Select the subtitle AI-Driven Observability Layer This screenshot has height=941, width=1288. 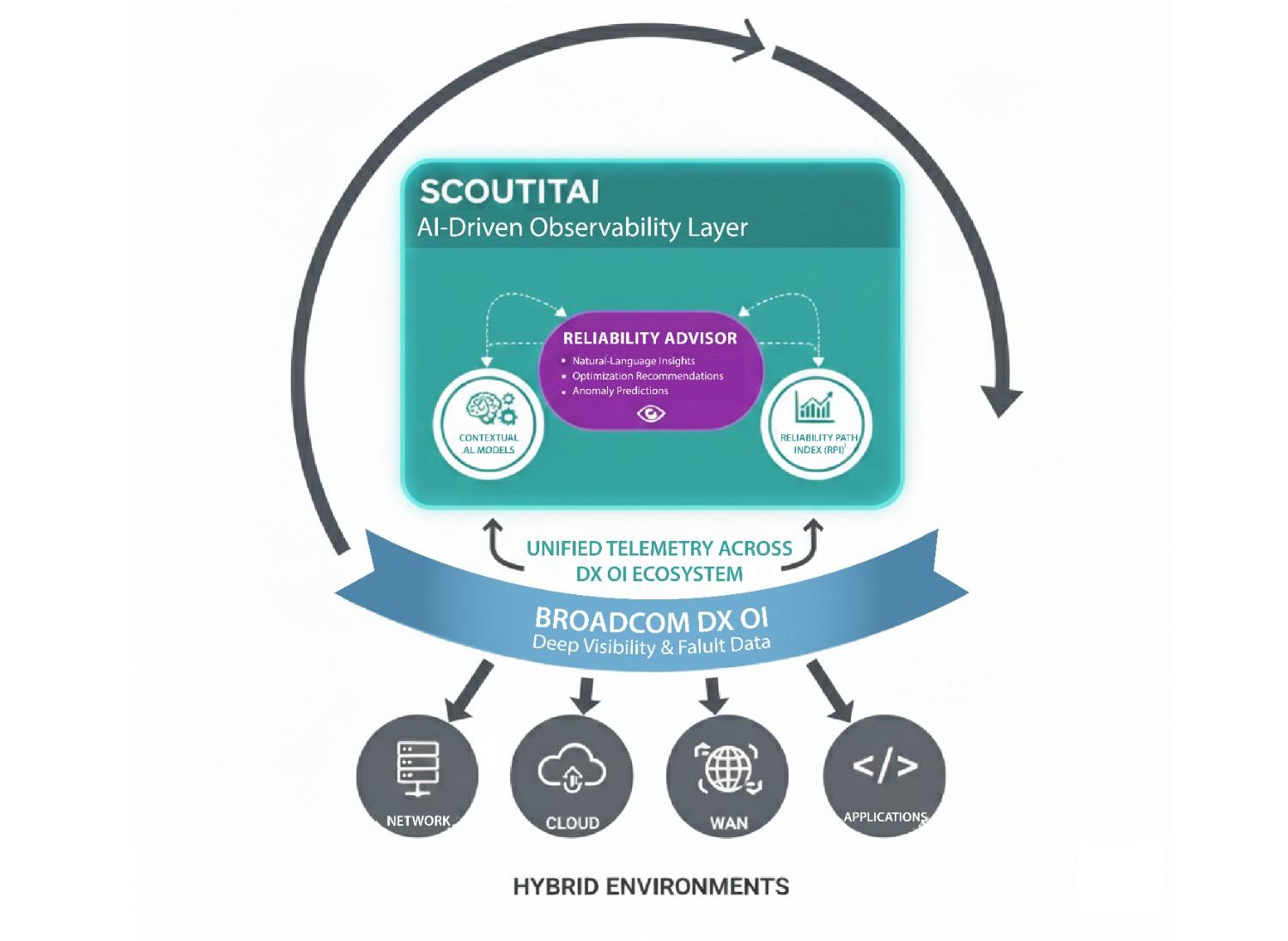[582, 228]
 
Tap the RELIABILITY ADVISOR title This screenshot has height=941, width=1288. [650, 337]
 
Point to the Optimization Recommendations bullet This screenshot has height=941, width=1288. [647, 376]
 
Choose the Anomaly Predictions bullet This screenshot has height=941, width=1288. [620, 391]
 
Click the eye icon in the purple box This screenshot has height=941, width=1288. [652, 415]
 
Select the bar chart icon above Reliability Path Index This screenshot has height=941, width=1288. [815, 406]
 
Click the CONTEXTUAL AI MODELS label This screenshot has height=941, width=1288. [489, 443]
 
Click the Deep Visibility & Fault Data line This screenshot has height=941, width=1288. [651, 646]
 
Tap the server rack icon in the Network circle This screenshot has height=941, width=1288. [418, 764]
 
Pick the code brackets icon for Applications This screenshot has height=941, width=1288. [884, 766]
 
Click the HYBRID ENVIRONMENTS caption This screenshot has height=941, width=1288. [650, 886]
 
